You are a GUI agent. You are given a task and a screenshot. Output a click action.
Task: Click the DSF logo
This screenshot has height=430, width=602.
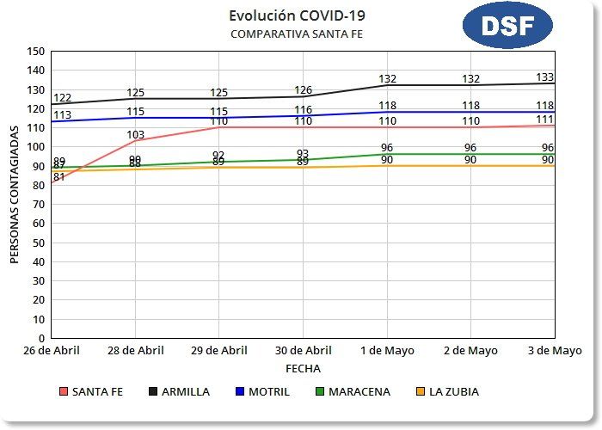click(507, 25)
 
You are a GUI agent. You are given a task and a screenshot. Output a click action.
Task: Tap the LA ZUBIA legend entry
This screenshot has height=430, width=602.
click(446, 391)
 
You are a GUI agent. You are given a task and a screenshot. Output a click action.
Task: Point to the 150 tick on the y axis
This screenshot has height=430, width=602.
click(36, 51)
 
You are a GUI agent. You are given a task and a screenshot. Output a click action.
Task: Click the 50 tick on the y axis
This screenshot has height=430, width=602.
click(40, 243)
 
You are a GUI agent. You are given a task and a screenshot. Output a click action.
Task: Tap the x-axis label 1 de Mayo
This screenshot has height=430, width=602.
click(387, 351)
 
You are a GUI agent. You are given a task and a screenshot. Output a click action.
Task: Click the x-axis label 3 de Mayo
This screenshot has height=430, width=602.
click(554, 351)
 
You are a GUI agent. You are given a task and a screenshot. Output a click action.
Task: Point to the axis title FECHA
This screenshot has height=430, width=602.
click(303, 368)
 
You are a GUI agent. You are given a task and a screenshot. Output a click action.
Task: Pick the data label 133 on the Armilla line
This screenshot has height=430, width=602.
click(544, 77)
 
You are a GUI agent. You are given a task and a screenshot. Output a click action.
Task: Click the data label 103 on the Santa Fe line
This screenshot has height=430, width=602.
click(135, 134)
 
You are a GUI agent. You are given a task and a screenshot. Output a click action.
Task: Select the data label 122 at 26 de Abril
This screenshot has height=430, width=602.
click(62, 99)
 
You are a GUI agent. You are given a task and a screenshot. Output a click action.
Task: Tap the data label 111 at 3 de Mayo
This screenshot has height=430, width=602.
click(544, 120)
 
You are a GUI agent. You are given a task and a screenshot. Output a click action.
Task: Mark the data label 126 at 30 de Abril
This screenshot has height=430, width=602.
click(303, 90)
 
